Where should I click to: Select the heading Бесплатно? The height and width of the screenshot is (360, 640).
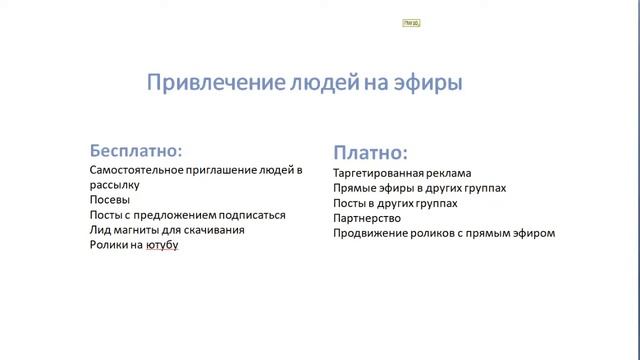[x=137, y=150]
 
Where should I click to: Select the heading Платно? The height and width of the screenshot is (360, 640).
[x=370, y=153]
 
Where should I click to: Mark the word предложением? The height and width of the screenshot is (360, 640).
[x=171, y=215]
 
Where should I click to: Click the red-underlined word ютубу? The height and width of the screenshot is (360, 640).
[x=162, y=245]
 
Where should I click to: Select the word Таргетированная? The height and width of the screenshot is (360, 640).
[x=381, y=173]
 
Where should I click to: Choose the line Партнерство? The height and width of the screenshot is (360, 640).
[x=367, y=218]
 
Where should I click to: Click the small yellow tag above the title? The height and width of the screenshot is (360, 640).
[x=410, y=22]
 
